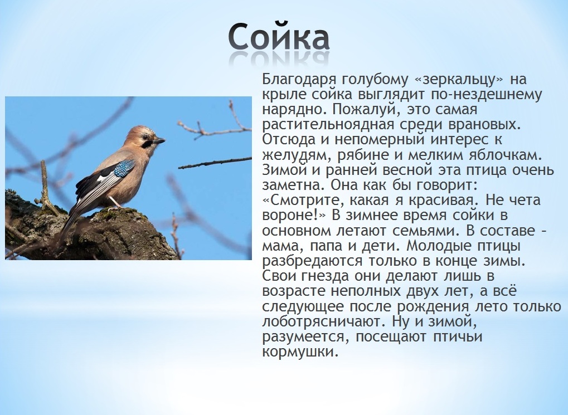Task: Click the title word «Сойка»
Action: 279,37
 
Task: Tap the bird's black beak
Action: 160,140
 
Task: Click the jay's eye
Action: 145,137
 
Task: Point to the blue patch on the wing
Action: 124,168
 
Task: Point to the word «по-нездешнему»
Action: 486,95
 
